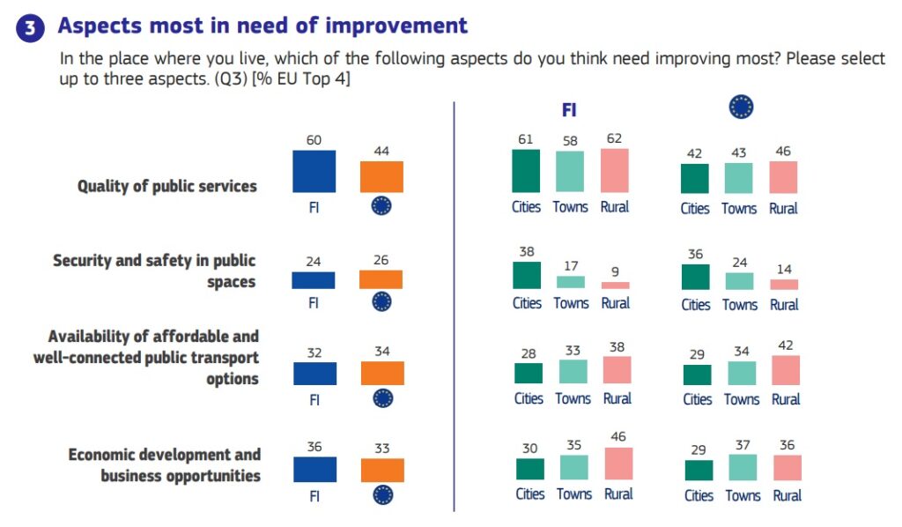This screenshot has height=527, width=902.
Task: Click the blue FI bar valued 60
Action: [314, 171]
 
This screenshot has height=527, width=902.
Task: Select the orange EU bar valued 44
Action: [381, 176]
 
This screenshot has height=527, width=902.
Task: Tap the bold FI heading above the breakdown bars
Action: [569, 110]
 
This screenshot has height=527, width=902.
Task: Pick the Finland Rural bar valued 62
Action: [614, 170]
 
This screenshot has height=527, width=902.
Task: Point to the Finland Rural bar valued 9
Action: [615, 286]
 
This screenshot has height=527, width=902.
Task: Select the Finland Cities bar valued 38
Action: [527, 275]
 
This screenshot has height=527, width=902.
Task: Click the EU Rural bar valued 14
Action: [783, 285]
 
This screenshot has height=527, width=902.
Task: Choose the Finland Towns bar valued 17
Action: [570, 282]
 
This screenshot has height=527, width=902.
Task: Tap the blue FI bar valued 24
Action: [314, 280]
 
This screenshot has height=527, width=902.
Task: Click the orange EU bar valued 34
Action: [382, 373]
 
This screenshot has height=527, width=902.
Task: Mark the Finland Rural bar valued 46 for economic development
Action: [618, 464]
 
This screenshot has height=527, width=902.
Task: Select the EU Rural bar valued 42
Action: [785, 370]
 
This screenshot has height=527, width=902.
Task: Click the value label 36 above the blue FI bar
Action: [314, 447]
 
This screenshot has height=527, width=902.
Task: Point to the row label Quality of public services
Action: [167, 186]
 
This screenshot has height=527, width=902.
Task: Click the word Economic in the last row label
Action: [105, 455]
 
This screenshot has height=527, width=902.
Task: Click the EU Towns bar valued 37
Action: [743, 467]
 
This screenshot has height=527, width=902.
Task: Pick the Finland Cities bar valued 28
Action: [529, 373]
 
